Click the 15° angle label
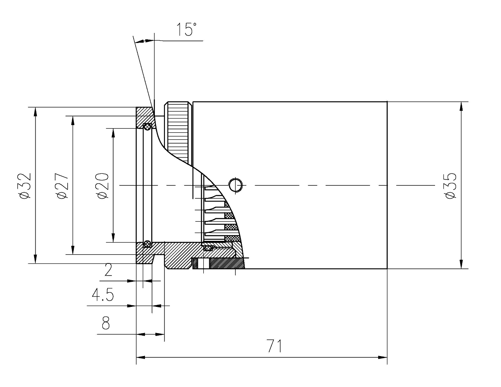tap(185, 30)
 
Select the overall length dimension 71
tap(274, 346)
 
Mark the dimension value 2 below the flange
tap(108, 272)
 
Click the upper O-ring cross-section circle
tap(147, 126)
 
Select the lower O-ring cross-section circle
tap(147, 243)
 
